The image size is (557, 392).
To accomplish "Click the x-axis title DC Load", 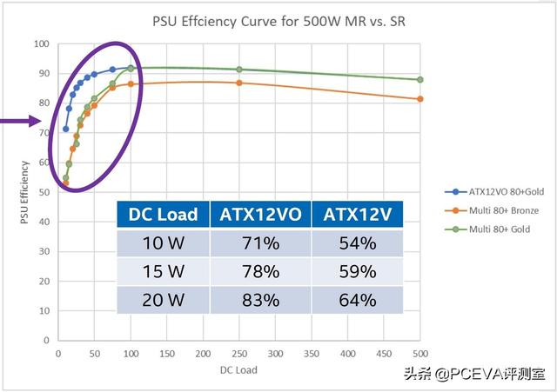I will (238, 370).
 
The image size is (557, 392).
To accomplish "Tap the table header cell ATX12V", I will (359, 215).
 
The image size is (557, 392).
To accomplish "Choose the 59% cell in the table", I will (359, 272).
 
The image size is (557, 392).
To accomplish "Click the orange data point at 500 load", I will (420, 99).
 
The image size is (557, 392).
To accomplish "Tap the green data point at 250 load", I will (239, 70).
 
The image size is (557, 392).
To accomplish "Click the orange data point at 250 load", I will (239, 83).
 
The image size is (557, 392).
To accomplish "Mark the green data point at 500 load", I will (420, 79).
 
